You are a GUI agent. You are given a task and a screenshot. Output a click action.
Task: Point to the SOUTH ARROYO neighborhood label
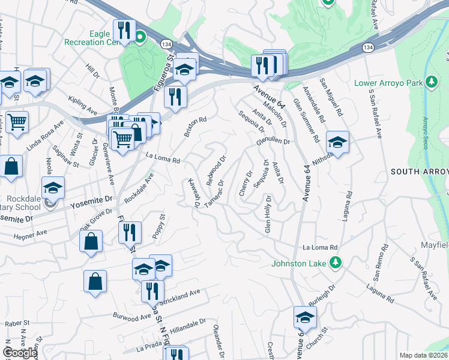(x=420, y=172)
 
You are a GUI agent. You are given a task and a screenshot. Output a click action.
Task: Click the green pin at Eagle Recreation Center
(x=140, y=40)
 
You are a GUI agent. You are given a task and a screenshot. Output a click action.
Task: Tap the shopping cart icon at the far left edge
(x=17, y=123)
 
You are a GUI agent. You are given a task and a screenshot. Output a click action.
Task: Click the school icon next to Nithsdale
(x=338, y=143)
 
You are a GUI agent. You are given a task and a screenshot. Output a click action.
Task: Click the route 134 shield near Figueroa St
(x=166, y=43)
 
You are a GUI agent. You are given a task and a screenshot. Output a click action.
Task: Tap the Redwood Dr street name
(x=215, y=170)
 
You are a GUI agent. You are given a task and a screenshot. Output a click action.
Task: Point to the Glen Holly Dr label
(x=268, y=214)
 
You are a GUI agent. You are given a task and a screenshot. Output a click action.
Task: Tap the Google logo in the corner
(x=20, y=353)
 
